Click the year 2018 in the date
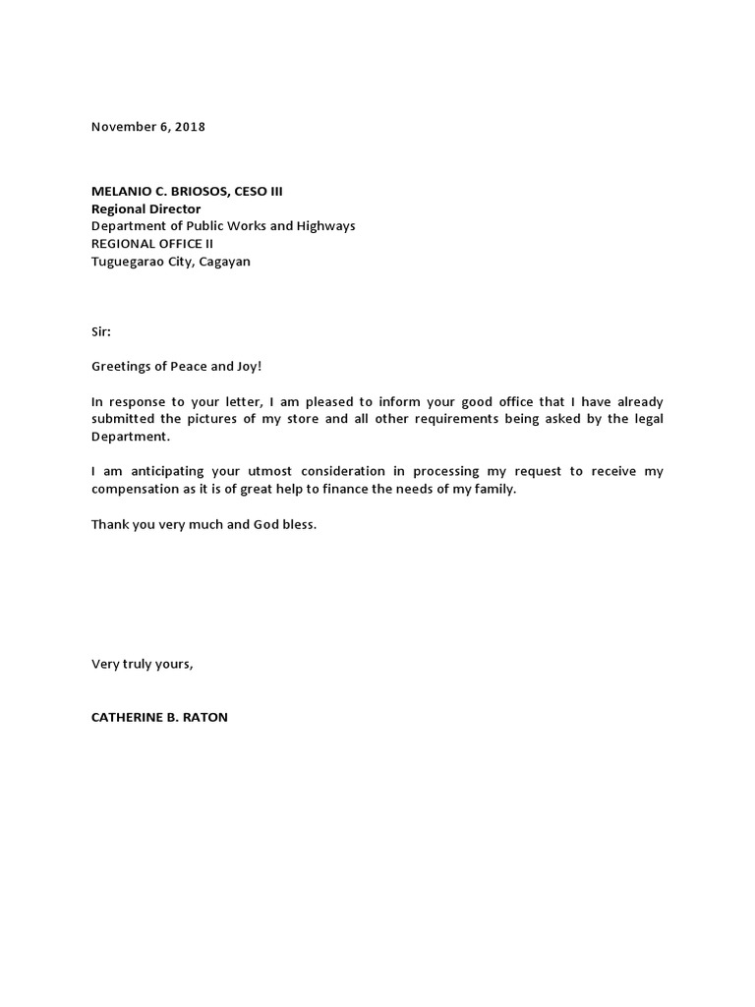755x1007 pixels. point(191,127)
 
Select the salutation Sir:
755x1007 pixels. point(101,332)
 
